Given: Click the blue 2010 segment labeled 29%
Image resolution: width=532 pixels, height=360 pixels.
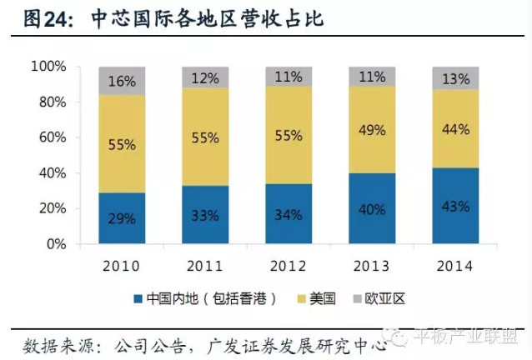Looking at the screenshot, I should click(122, 218).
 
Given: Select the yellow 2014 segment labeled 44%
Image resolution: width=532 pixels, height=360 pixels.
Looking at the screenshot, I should click(455, 130).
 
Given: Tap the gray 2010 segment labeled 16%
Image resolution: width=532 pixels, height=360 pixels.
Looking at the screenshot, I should click(122, 81).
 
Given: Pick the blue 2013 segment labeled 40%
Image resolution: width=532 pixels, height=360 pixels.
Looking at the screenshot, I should click(372, 209).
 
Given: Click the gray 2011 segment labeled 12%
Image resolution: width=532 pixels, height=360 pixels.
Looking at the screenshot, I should click(205, 77).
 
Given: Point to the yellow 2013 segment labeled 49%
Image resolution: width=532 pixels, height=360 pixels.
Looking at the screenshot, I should click(372, 130).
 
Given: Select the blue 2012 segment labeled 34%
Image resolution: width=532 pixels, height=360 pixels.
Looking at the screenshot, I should click(289, 214).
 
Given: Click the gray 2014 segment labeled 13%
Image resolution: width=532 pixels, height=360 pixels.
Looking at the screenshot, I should click(455, 78).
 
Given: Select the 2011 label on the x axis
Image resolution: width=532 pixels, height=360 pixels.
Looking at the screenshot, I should click(205, 266).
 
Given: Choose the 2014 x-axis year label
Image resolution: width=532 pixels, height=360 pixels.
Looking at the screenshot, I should click(455, 266).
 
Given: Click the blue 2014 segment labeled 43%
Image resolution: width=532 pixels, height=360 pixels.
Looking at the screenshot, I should click(455, 206).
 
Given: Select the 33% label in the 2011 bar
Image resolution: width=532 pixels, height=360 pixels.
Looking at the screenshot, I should click(205, 215).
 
